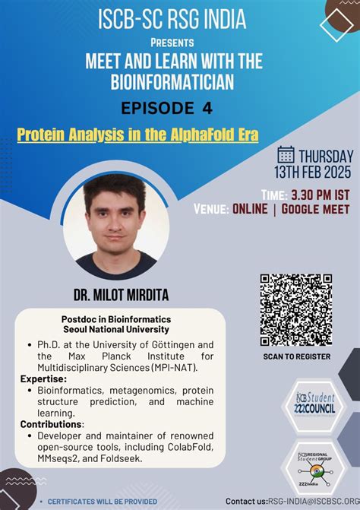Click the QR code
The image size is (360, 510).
coord(296,309)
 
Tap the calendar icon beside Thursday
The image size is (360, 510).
coord(286,154)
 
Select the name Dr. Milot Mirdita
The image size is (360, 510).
coord(116,293)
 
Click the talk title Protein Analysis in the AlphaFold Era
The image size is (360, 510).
coord(137,135)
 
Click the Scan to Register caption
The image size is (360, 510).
coord(296,356)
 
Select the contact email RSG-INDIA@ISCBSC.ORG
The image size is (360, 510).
coord(308,501)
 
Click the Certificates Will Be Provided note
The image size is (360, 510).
coord(103,501)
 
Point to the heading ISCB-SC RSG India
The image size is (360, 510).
coord(180,20)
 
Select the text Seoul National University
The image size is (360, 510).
coord(116,329)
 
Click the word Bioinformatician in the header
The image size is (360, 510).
coord(180,81)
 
